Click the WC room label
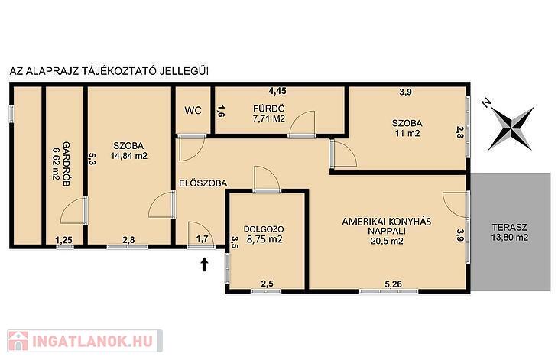click(x=193, y=110)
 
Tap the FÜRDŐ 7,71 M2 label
click(x=269, y=113)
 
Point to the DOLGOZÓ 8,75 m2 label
click(x=264, y=234)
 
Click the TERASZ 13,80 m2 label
click(x=510, y=232)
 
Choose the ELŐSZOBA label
click(x=203, y=183)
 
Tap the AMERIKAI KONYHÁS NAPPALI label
click(x=387, y=231)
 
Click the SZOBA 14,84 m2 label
click(x=128, y=151)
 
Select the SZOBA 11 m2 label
click(x=407, y=128)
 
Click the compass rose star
click(x=511, y=128)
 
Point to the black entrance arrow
click(x=204, y=264)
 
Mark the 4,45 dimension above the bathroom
click(x=277, y=91)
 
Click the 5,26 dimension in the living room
click(x=394, y=284)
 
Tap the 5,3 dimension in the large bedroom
click(x=92, y=159)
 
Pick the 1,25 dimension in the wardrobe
click(x=64, y=240)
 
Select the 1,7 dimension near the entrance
click(x=202, y=238)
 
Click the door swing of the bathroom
click(x=302, y=123)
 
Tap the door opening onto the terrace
click(x=455, y=204)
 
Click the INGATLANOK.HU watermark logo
click(x=85, y=341)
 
